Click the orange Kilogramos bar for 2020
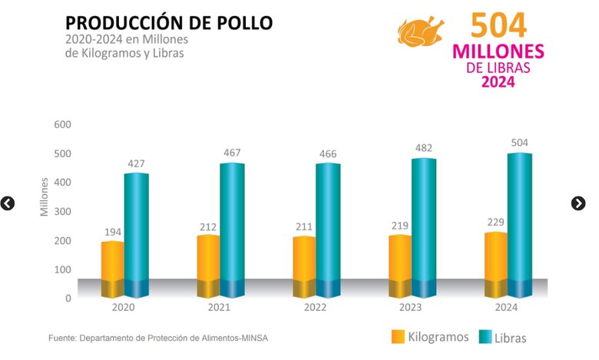coord(113,265)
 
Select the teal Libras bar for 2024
coord(519,223)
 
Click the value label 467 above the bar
coord(233,153)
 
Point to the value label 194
coord(112,232)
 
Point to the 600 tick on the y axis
coord(62,124)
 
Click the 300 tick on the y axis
coord(62,212)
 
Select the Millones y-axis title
coord(44,196)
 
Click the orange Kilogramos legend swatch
coord(398,336)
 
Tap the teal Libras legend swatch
coord(485,336)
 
